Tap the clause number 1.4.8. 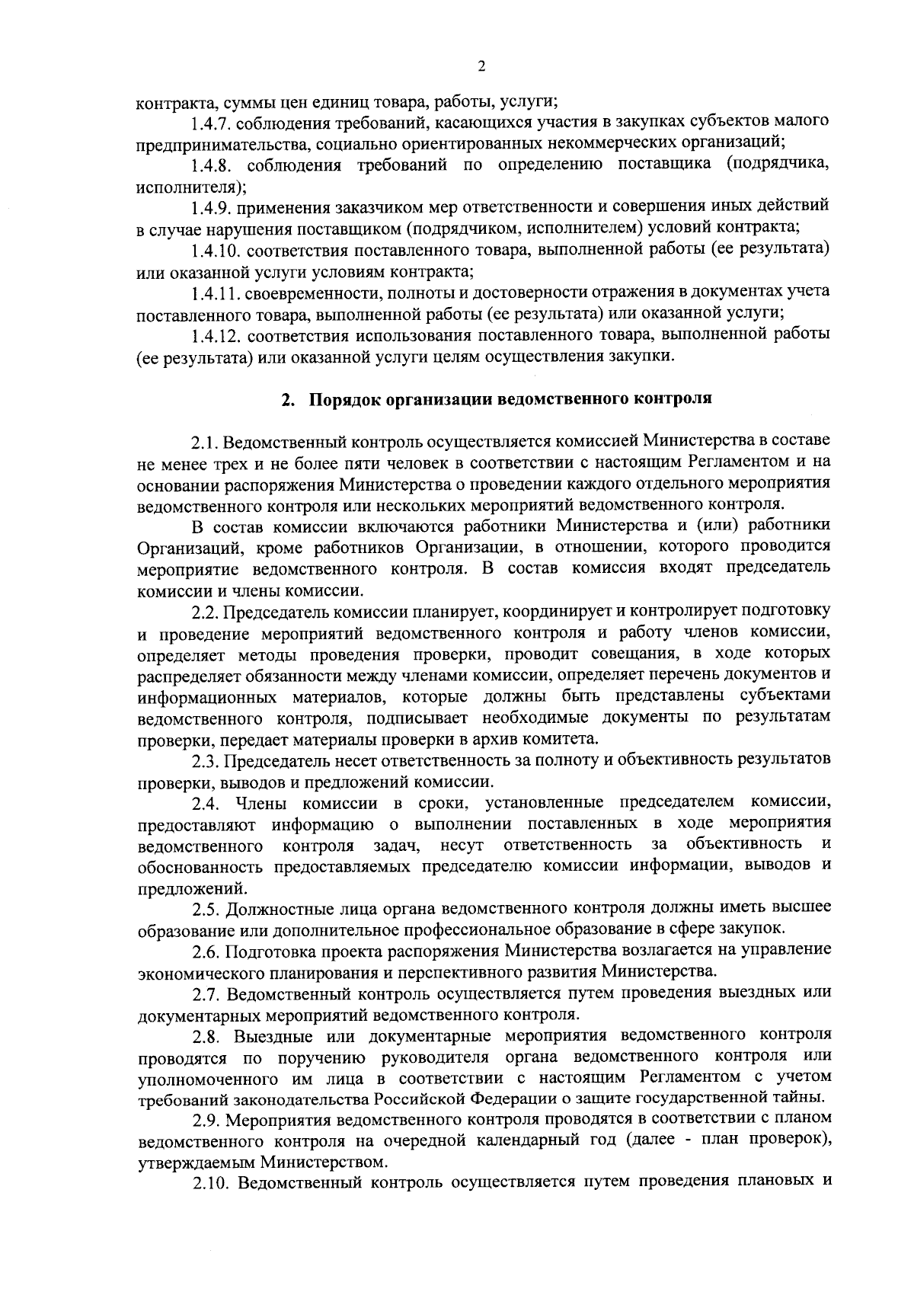216,164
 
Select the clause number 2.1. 206,441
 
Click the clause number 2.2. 206,610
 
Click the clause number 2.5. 206,908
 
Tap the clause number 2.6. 206,951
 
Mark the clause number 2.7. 206,993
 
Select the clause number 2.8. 207,1036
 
